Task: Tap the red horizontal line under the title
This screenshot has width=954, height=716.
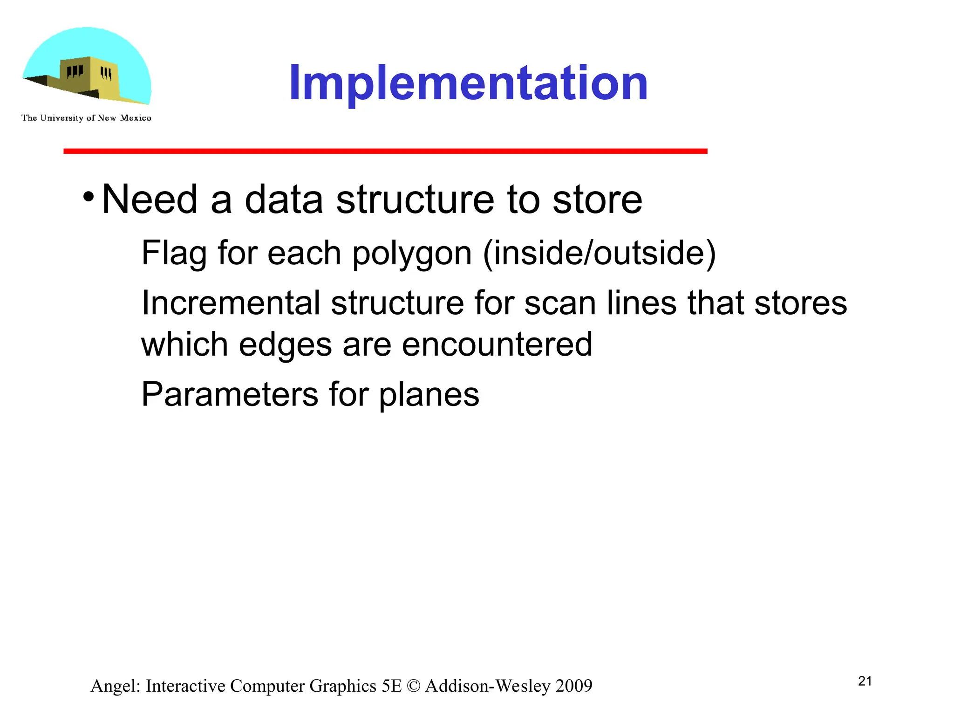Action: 385,151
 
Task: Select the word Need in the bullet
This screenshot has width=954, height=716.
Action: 150,200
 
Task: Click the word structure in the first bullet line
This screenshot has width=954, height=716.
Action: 415,200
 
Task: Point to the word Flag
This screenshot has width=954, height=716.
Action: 174,254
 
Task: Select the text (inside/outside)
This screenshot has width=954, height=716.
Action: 599,254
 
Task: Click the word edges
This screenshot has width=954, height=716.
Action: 285,345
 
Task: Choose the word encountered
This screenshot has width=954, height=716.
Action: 497,345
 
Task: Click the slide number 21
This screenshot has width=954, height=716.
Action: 865,682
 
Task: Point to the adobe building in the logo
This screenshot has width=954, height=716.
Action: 89,77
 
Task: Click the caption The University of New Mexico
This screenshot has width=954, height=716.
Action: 86,118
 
